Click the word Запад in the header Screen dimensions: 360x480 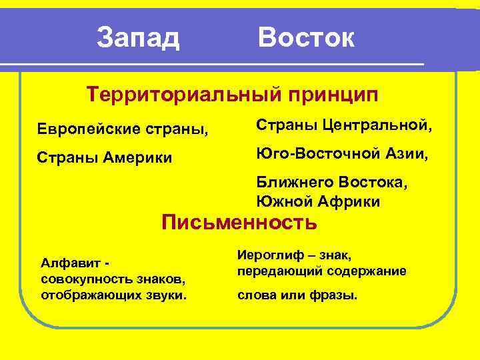(138, 38)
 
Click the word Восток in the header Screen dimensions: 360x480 (306, 38)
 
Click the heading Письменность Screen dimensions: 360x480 (239, 222)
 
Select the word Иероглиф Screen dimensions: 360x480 (269, 255)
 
